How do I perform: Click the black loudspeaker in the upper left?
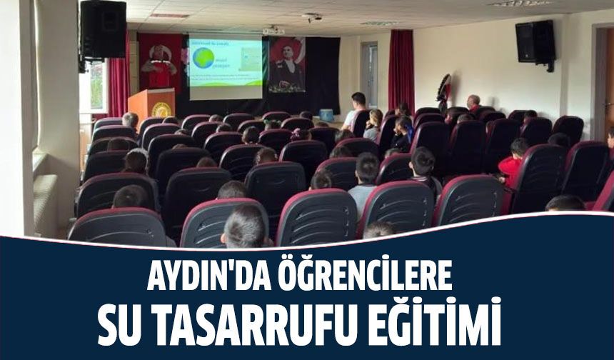coord(103,30)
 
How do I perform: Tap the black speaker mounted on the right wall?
coord(535,42)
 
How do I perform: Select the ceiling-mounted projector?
coord(273,31)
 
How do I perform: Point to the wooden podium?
coord(151,104)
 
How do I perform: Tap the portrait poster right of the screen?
coord(286,64)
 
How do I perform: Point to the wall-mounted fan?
coord(443,91)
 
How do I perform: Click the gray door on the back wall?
coord(370,74)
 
